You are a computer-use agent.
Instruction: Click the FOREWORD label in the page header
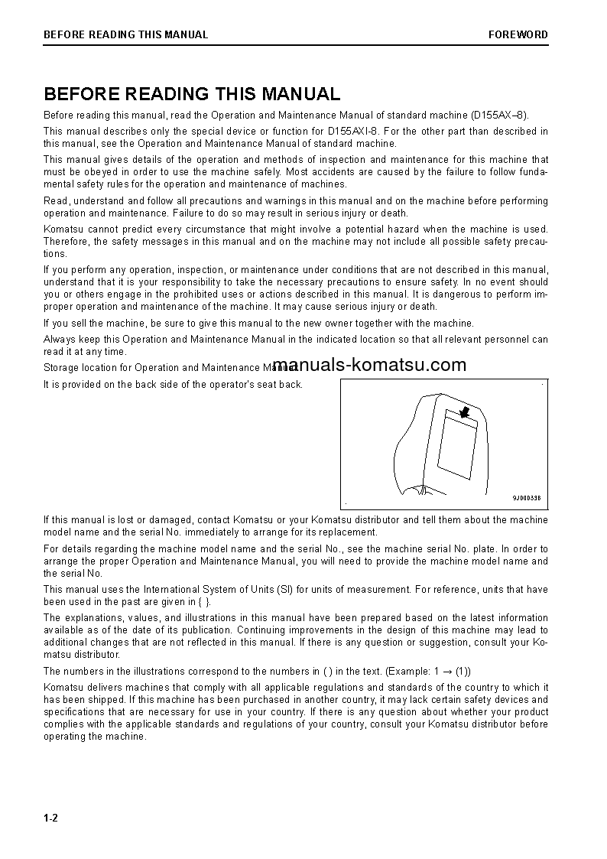(x=518, y=34)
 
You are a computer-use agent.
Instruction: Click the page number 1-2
(x=51, y=818)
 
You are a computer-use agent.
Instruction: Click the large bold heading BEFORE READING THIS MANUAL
(x=192, y=94)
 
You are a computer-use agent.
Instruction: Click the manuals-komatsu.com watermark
(x=369, y=365)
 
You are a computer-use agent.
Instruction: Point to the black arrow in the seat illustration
(x=461, y=412)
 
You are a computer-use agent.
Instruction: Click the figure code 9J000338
(x=527, y=498)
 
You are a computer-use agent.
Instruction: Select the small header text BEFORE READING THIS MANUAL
(x=125, y=34)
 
